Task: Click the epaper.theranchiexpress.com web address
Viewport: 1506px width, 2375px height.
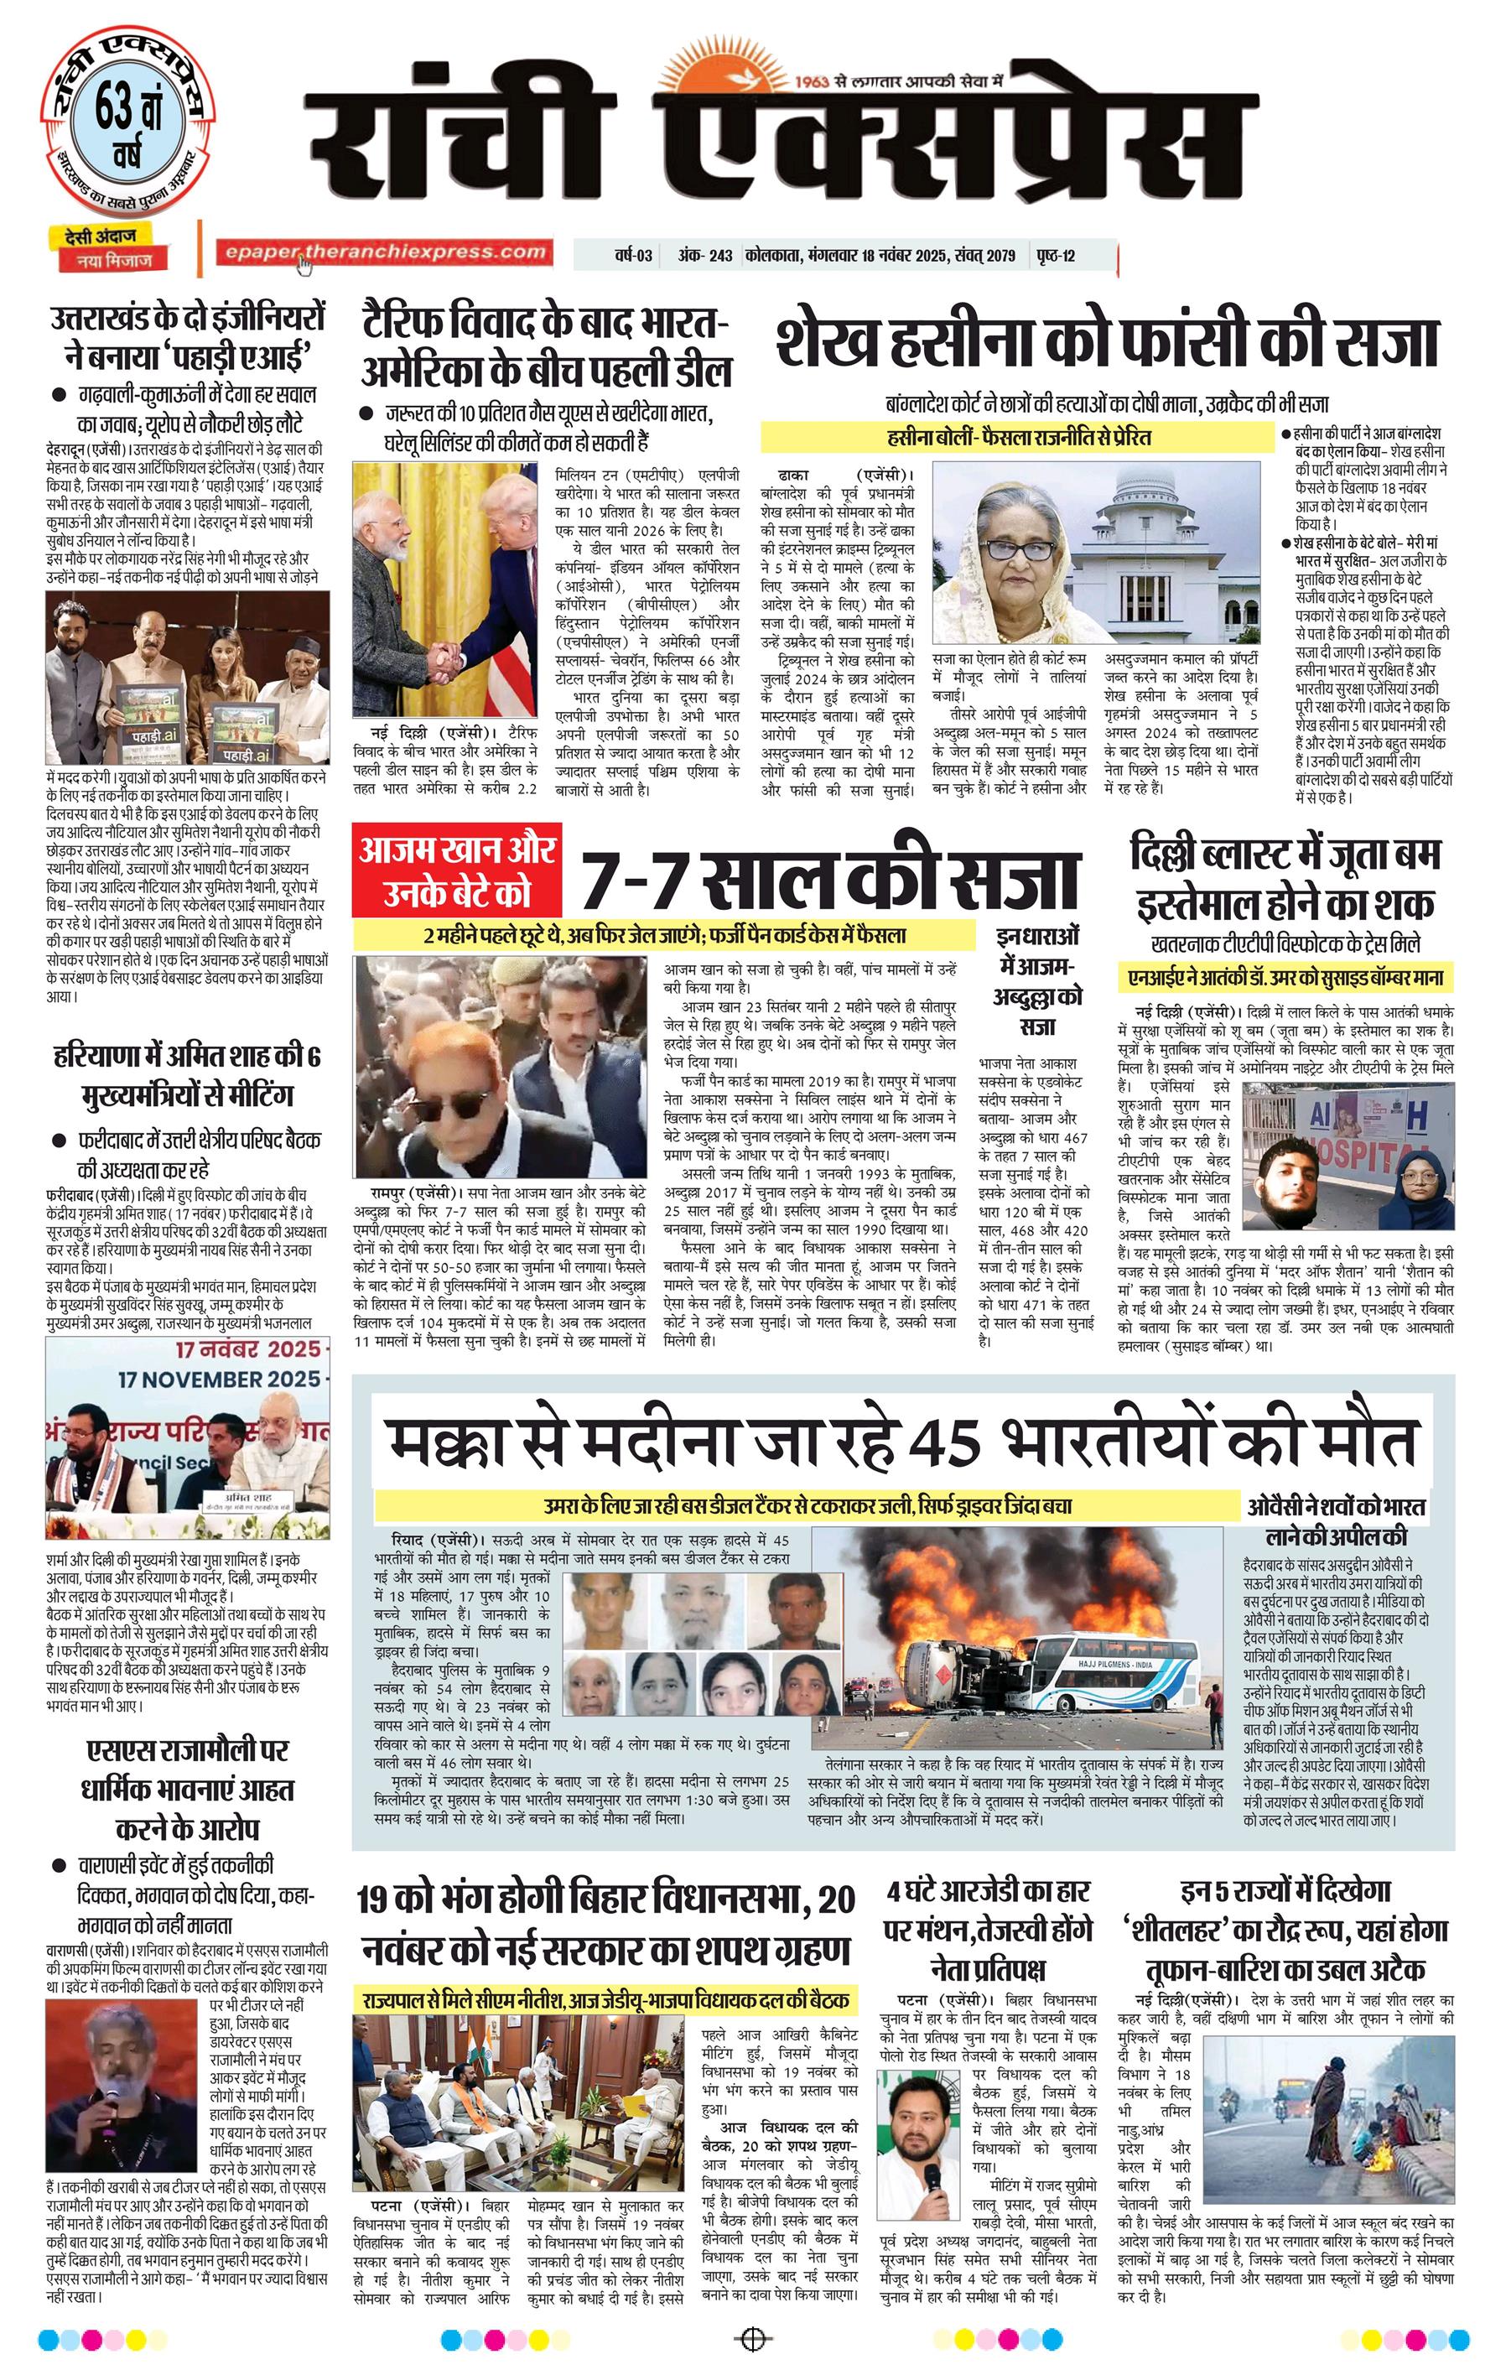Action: click(384, 252)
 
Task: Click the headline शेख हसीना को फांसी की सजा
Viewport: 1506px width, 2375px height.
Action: click(1107, 343)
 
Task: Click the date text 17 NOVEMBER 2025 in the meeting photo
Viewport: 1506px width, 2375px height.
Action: click(219, 1378)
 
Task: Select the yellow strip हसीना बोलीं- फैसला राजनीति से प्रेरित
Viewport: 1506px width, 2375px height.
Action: click(1018, 437)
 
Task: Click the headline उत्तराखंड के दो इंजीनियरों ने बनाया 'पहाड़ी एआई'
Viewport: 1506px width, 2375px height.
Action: click(187, 335)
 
